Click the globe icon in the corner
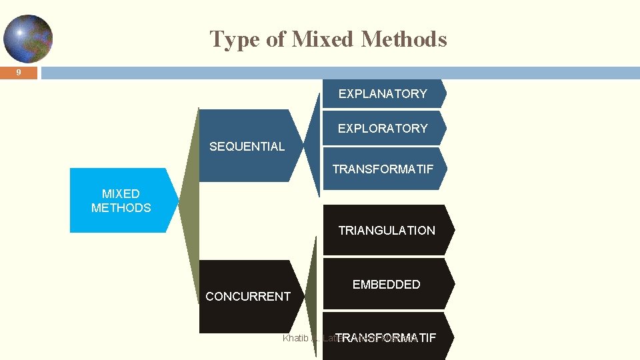27,39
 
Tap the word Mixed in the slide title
323,39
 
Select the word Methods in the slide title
403,39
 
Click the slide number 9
19,73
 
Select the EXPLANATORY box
383,94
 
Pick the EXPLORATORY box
383,129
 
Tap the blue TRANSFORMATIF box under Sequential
383,169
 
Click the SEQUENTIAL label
247,147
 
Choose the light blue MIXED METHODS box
121,201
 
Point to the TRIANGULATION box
387,231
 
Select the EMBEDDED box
387,285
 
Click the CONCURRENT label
248,297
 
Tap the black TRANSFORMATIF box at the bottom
387,337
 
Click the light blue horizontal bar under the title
333,73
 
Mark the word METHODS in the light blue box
121,208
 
